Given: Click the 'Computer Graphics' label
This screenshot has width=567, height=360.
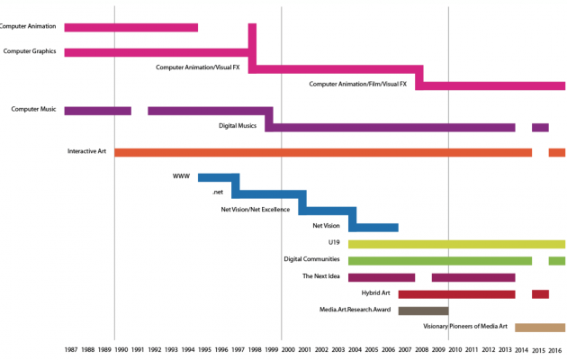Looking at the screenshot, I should pos(30,51).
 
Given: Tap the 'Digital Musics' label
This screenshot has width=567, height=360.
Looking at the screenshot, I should pos(238,126).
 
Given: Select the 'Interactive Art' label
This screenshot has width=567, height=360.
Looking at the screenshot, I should pos(87,151).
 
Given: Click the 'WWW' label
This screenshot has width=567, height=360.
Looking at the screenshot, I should pos(181,176).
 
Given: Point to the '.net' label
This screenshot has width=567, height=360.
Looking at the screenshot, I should pos(217,193).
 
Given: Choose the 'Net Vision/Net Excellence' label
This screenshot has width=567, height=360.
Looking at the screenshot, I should pos(256,210).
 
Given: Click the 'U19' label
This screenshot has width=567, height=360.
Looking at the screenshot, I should pos(334,243).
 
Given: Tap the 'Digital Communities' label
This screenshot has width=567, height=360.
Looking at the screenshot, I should pos(311,259).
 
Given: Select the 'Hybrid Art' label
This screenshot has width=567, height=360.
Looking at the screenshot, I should pos(375,293).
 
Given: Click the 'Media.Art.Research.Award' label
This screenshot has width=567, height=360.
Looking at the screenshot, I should pos(355,310).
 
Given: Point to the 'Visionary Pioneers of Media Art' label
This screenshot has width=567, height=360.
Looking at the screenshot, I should pos(465,327).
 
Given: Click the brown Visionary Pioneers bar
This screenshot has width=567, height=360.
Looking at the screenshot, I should pos(540,328).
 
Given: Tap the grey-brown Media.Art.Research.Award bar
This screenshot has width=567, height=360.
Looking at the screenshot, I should pos(423,310).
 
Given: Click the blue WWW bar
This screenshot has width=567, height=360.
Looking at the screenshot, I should pos(219,177).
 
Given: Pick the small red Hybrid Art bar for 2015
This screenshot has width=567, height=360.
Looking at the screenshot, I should pos(540,294).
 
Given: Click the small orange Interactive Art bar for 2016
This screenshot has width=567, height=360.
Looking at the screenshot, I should pos(557,152).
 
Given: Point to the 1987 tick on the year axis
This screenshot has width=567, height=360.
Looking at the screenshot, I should pos(72,349).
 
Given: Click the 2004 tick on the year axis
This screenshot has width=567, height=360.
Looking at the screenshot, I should pos(356,349).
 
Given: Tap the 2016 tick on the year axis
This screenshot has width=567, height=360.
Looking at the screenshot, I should pos(556,349).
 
